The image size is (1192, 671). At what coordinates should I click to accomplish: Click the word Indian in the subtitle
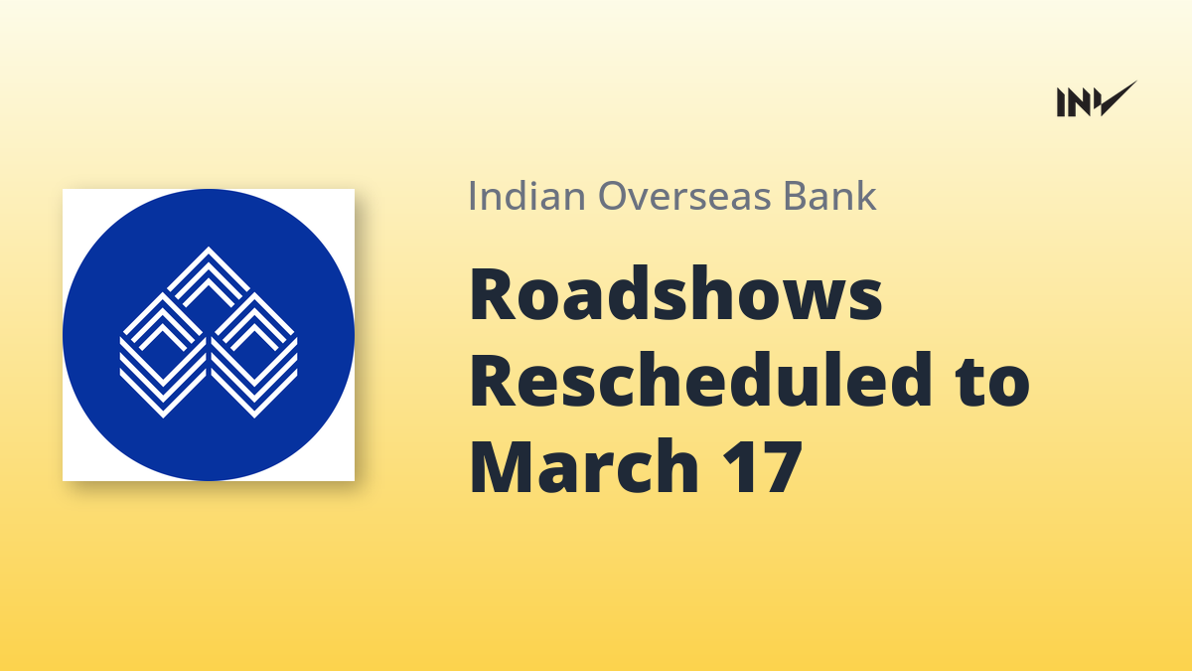(x=526, y=196)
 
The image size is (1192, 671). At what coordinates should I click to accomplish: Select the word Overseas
(x=684, y=196)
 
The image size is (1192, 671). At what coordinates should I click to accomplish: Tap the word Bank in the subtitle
(x=830, y=196)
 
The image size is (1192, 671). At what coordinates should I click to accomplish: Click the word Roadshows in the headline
(x=675, y=294)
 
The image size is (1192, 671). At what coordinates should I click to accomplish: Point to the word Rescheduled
(x=701, y=380)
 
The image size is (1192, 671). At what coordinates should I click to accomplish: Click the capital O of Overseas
(x=615, y=196)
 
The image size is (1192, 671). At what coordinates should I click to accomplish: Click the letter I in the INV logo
(x=1061, y=102)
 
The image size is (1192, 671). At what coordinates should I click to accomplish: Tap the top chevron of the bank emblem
(x=208, y=277)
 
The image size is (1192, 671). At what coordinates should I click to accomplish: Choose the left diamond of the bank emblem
(x=163, y=355)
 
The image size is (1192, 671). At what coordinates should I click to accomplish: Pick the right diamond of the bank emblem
(x=254, y=355)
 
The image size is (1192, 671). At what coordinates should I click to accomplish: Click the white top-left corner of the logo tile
(x=65, y=191)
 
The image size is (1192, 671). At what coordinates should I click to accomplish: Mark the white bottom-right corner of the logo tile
(x=353, y=479)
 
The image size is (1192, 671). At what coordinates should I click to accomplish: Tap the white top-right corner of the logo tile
(x=353, y=191)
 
